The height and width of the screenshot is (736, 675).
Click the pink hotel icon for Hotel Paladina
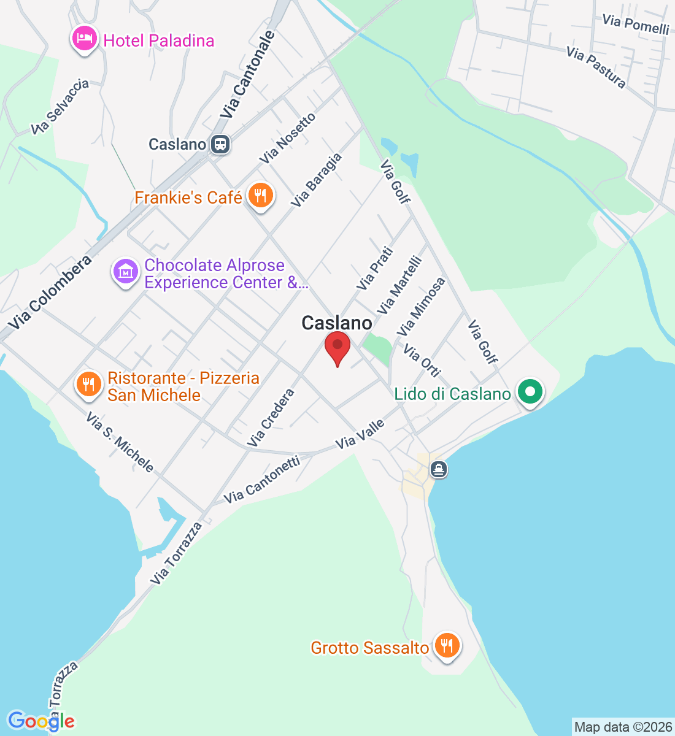[x=84, y=39]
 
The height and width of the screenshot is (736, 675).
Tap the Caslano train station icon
[x=220, y=145]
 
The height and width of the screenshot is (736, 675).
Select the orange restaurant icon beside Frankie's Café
[x=260, y=196]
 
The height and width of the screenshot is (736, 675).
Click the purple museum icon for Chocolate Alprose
[x=126, y=270]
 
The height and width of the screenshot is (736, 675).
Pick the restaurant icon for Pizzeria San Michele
[x=89, y=385]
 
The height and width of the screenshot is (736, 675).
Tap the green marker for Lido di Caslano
[x=530, y=392]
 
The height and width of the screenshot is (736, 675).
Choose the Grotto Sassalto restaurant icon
[x=447, y=646]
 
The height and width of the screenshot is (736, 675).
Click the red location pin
[x=337, y=348]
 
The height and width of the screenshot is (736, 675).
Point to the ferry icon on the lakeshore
[x=438, y=470]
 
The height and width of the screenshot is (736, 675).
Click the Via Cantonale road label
[x=248, y=75]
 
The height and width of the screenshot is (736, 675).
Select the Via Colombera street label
[x=50, y=292]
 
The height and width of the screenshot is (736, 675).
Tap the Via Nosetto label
[x=287, y=139]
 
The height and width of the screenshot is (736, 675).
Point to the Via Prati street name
[x=374, y=268]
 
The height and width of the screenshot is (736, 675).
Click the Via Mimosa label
[x=421, y=307]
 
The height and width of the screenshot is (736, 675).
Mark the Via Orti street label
[x=422, y=360]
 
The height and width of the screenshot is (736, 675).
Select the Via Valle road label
[x=360, y=434]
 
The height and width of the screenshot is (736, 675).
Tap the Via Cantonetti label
[x=262, y=479]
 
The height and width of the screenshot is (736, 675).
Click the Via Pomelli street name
[x=635, y=25]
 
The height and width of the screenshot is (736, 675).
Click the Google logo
[x=41, y=721]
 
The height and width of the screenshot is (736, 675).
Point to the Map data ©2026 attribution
[x=623, y=727]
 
